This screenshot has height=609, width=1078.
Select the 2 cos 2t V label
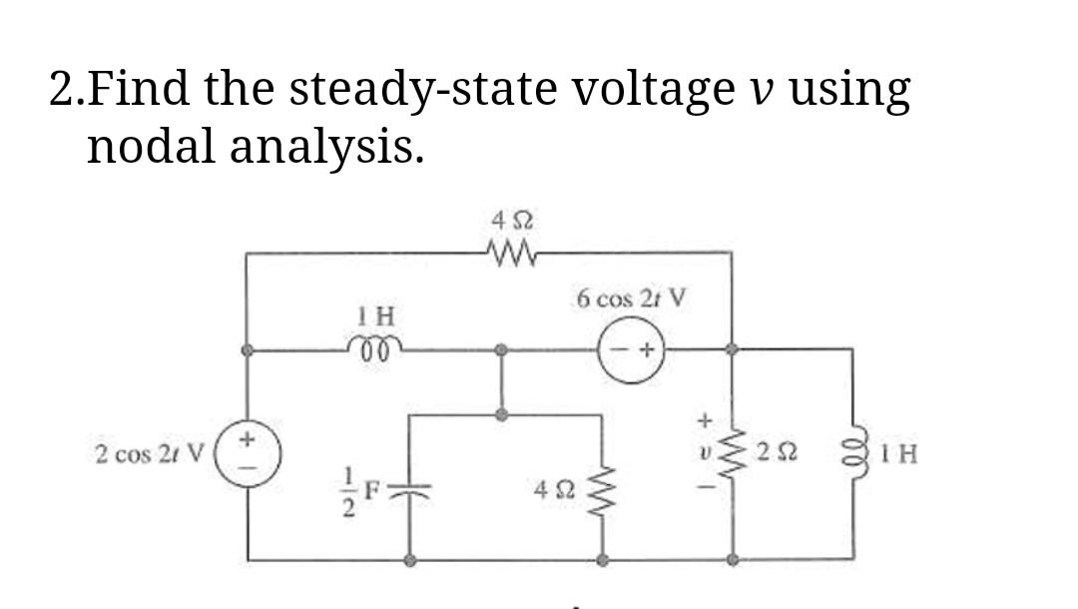click(149, 454)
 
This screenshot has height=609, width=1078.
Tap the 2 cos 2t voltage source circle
click(248, 455)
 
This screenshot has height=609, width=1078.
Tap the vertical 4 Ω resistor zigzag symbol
click(603, 491)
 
